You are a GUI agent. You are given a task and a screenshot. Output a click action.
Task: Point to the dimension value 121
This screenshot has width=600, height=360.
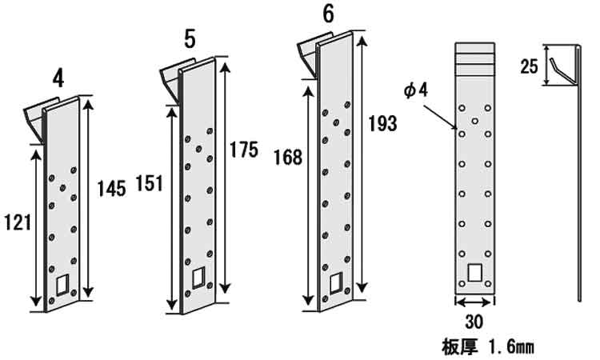coord(17,222)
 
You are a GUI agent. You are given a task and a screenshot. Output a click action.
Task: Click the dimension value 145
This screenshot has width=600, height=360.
coord(112,189)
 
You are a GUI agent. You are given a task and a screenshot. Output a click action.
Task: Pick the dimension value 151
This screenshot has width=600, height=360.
coord(149,183)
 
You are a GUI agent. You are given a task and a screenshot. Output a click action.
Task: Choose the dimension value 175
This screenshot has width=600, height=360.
coord(243,150)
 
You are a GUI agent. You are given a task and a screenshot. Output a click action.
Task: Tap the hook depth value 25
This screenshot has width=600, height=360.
coord(530,67)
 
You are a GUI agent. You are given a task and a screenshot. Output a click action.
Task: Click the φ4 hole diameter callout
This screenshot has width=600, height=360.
coord(416,91)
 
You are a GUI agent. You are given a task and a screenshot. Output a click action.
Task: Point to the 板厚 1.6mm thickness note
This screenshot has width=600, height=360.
coord(487,346)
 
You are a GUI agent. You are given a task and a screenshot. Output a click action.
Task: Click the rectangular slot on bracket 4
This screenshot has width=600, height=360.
coord(64,284)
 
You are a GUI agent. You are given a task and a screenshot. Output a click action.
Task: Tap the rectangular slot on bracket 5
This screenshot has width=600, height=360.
coord(198,277)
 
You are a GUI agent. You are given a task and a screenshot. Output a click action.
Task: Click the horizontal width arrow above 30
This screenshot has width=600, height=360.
coord(473,302)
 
